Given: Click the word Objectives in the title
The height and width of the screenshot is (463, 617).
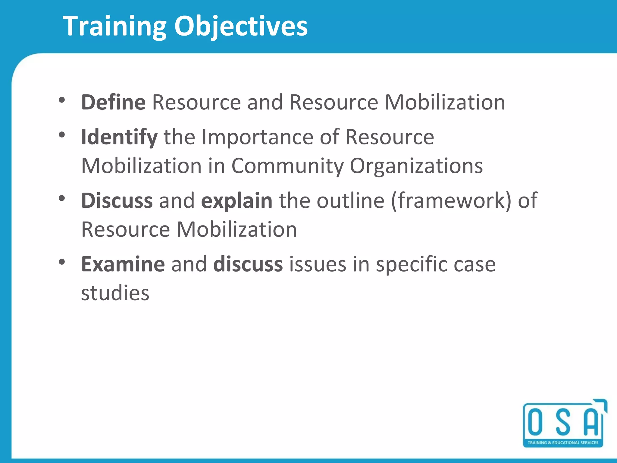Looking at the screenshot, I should coord(241,27).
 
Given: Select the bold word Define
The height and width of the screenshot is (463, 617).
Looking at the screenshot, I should coord(113,102).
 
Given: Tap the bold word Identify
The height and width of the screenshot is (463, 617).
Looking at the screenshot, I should coord(119,137).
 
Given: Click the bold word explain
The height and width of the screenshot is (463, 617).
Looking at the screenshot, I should coord(237,200).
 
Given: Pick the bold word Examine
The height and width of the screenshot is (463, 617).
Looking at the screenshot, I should coord(123,264).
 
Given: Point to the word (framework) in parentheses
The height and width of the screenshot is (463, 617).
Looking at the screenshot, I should coord(451,200).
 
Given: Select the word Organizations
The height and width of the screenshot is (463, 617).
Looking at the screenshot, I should coord(416,166).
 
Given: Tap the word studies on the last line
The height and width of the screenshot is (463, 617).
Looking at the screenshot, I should coord(115,293).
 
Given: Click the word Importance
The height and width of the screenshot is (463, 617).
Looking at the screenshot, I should coord(257,137).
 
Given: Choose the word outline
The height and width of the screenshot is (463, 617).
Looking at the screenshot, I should coord(350,200).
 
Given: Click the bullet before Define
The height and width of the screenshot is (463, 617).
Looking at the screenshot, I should coord(62,100).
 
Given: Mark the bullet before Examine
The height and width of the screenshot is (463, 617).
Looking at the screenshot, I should coord(62,262).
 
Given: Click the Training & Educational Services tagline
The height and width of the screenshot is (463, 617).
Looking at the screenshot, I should coord(563,443).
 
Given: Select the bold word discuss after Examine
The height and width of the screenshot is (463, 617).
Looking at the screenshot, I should coord(248,264).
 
